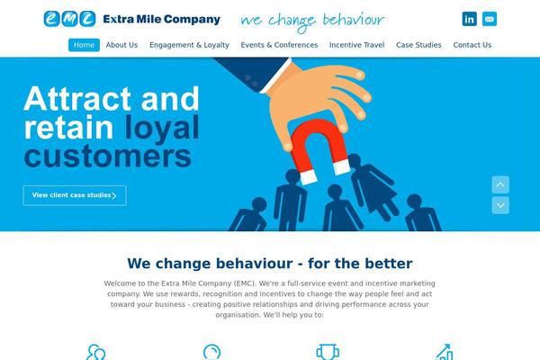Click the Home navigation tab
tap(84, 45)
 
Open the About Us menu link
tap(121, 45)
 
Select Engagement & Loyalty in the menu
tap(189, 45)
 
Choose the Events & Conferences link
tap(279, 45)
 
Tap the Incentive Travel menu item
tap(356, 45)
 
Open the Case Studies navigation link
tap(418, 45)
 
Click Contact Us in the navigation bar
tap(472, 45)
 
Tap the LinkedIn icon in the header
tap(470, 19)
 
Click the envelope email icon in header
tap(490, 19)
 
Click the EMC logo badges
tap(69, 19)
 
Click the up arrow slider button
tap(500, 184)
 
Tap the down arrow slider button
tap(500, 205)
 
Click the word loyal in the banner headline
tap(162, 128)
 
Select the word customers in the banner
tap(107, 156)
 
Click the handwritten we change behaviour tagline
tap(312, 21)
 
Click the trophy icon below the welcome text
tap(328, 352)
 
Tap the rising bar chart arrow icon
tap(445, 352)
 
